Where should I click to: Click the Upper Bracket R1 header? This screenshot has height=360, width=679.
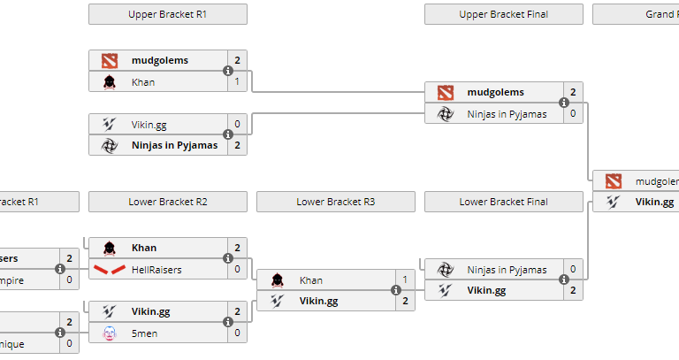pyautogui.click(x=168, y=14)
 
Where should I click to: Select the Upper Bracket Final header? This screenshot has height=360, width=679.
pyautogui.click(x=503, y=14)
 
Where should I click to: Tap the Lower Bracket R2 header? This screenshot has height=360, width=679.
pyautogui.click(x=168, y=202)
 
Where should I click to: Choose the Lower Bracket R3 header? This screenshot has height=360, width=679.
pyautogui.click(x=335, y=202)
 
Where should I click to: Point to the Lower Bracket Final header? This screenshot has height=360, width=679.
pyautogui.click(x=503, y=202)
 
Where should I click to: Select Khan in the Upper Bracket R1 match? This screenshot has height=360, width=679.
pyautogui.click(x=143, y=82)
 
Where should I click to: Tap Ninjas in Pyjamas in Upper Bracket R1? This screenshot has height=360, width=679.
pyautogui.click(x=174, y=145)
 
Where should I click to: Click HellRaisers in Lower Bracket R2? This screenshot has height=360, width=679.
pyautogui.click(x=156, y=269)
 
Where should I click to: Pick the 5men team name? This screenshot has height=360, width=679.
pyautogui.click(x=144, y=333)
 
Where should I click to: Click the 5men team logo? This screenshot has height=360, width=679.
pyautogui.click(x=109, y=333)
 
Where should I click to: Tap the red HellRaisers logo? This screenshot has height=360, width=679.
pyautogui.click(x=109, y=269)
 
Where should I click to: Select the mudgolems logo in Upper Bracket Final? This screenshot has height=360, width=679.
pyautogui.click(x=445, y=92)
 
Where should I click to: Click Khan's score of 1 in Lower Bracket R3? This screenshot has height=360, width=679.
pyautogui.click(x=405, y=280)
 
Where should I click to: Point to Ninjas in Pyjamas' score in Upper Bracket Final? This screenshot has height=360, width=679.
pyautogui.click(x=573, y=113)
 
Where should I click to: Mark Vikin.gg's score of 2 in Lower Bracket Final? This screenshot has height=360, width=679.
pyautogui.click(x=573, y=290)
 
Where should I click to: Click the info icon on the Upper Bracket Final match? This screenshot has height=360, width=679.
pyautogui.click(x=564, y=103)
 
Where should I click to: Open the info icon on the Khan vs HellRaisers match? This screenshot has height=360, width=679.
pyautogui.click(x=228, y=258)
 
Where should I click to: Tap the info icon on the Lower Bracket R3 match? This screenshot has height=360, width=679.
pyautogui.click(x=396, y=290)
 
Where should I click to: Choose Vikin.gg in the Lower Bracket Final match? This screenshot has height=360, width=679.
pyautogui.click(x=486, y=290)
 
